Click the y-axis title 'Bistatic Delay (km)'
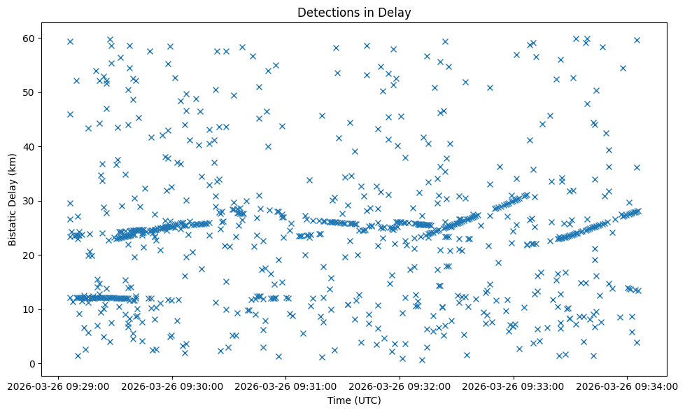pos(13,199)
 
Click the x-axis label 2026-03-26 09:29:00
pos(58,386)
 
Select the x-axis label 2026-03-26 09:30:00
pos(172,386)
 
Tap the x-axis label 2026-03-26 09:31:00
pos(286,386)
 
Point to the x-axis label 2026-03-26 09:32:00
pos(400,386)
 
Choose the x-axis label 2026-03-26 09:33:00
pos(514,386)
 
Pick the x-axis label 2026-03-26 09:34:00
pos(628,386)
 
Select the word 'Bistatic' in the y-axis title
pos(13,226)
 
